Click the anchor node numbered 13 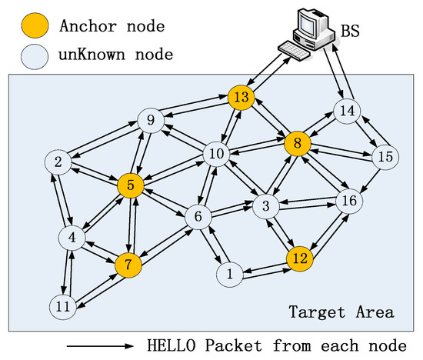pyautogui.click(x=241, y=97)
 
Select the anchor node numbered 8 pyautogui.click(x=297, y=142)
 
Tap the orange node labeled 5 pyautogui.click(x=131, y=185)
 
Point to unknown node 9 pyautogui.click(x=150, y=120)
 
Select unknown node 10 pyautogui.click(x=216, y=155)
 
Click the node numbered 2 pyautogui.click(x=58, y=162)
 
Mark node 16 pyautogui.click(x=350, y=201)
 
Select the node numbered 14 pyautogui.click(x=348, y=111)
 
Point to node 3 pyautogui.click(x=265, y=206)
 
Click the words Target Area pyautogui.click(x=341, y=313)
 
